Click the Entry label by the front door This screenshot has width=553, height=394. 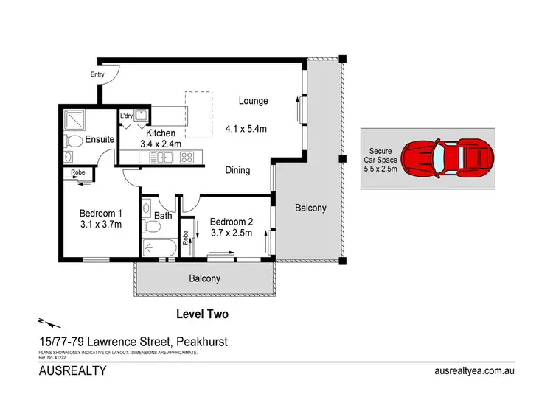tap(97, 74)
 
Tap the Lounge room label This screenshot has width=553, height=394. tap(253, 101)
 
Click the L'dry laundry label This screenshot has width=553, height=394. tap(126, 116)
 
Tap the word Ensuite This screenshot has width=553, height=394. tap(99, 138)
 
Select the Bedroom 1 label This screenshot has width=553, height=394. tap(100, 214)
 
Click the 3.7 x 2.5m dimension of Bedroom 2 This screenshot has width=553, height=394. tap(232, 233)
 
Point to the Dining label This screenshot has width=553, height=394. tap(237, 170)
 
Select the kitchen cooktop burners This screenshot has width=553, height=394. tap(187, 156)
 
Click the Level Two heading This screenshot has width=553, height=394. tap(202, 314)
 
